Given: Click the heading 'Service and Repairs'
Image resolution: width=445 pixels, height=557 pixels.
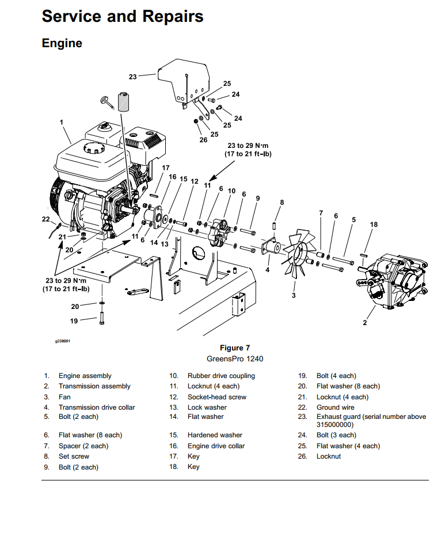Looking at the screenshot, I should click(x=123, y=16).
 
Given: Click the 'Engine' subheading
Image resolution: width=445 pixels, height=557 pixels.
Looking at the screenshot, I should click(x=62, y=43).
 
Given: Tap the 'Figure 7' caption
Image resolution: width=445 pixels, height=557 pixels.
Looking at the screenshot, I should click(x=235, y=348).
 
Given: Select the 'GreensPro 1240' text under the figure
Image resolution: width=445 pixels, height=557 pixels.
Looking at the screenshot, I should click(x=235, y=358).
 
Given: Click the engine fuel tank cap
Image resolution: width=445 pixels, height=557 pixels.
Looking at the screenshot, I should click(x=93, y=147).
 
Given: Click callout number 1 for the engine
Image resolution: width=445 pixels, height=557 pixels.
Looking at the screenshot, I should click(x=62, y=122).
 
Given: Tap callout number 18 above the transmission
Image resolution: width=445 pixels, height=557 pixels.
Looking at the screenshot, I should click(x=374, y=224).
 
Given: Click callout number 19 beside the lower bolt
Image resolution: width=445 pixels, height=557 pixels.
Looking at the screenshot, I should click(x=74, y=321).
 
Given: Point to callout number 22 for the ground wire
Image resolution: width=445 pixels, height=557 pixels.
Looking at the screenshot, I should click(x=45, y=219).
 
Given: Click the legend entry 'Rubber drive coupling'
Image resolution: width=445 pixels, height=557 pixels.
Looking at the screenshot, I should click(x=221, y=376).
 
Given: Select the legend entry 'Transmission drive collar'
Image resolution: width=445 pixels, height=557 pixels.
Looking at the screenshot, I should click(x=97, y=407).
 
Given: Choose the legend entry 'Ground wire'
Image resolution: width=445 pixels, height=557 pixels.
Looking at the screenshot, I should click(x=336, y=407).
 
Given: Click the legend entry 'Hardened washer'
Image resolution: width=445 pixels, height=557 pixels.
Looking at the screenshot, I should click(x=215, y=435).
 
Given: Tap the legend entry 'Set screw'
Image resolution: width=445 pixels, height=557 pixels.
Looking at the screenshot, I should click(x=74, y=456).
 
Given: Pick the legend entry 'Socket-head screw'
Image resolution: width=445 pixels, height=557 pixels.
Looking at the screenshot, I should click(x=217, y=397).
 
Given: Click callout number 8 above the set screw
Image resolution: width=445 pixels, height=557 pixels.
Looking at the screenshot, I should click(x=282, y=202).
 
